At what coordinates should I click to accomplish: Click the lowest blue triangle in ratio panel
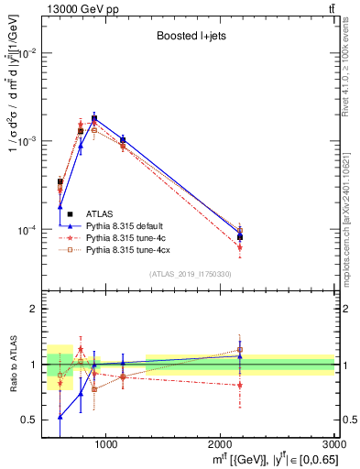(x=60, y=417)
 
